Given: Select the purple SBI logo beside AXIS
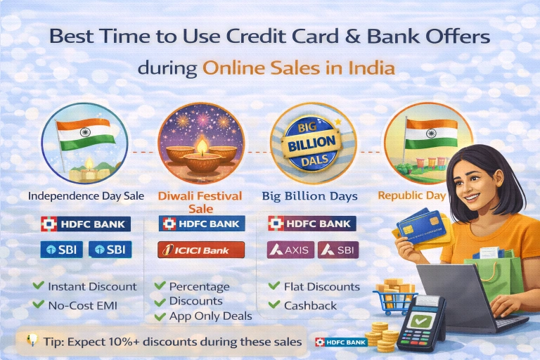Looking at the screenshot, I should click(x=338, y=250).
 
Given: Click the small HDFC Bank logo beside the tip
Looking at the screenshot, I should click(x=341, y=342).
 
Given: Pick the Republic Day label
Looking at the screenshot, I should click(x=411, y=195).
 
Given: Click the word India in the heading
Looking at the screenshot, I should click(x=373, y=69).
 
